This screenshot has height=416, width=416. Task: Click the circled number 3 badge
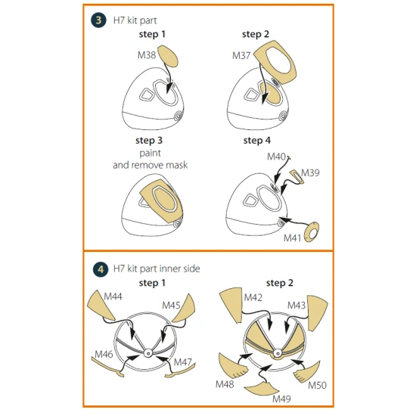[x=98, y=20]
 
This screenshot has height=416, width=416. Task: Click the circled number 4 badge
[x=101, y=269]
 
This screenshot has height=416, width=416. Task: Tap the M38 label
[x=147, y=55]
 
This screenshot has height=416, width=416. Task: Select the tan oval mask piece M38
[x=168, y=56]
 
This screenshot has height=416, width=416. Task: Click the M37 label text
[x=241, y=55]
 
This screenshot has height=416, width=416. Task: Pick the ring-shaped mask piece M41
[x=311, y=232]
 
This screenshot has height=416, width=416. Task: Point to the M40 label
[x=276, y=157]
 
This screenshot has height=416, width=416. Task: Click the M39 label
[x=310, y=172]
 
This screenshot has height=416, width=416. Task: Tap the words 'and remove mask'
[x=151, y=165]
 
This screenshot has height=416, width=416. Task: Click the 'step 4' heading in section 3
[x=257, y=141]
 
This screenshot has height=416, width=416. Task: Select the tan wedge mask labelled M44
[x=101, y=305]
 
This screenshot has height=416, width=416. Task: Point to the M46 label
[x=104, y=354]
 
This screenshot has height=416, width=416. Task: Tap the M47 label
[x=183, y=362]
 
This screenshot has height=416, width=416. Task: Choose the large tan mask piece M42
[x=231, y=305]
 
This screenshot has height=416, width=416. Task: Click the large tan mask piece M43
[x=316, y=312]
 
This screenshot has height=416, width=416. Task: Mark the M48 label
[x=225, y=384]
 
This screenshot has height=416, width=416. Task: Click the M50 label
[x=318, y=385]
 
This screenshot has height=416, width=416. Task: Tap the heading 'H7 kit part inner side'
[x=157, y=269]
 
